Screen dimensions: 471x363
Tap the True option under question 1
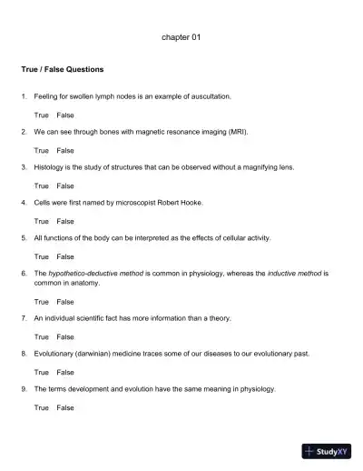pyautogui.click(x=42, y=115)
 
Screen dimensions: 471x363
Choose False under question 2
pyautogui.click(x=65, y=150)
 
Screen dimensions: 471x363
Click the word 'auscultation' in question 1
pyautogui.click(x=211, y=95)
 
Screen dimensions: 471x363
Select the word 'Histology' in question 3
pyautogui.click(x=50, y=167)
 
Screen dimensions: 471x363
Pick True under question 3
pyautogui.click(x=42, y=185)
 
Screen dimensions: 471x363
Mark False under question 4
pyautogui.click(x=65, y=221)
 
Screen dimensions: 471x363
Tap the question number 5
pyautogui.click(x=24, y=238)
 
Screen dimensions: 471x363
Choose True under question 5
pyautogui.click(x=42, y=256)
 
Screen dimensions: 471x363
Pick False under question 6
pyautogui.click(x=65, y=301)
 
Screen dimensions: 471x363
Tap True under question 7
pyautogui.click(x=42, y=336)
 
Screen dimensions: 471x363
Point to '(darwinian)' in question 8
pyautogui.click(x=95, y=354)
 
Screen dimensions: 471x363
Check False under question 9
pyautogui.click(x=65, y=407)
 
